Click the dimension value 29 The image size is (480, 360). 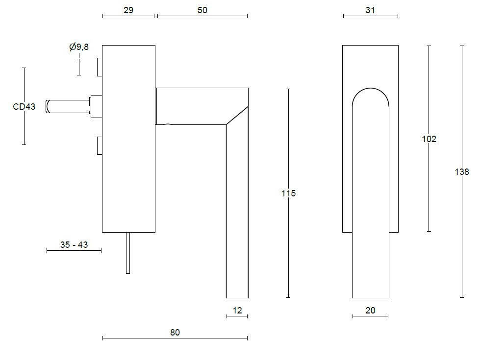pyautogui.click(x=128, y=10)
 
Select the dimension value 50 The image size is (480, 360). pyautogui.click(x=202, y=10)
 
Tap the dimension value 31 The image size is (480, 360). pyautogui.click(x=370, y=10)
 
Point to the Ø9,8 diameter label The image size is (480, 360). pyautogui.click(x=79, y=47)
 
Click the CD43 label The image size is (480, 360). pyautogui.click(x=24, y=106)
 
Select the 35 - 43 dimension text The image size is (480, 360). pyautogui.click(x=74, y=244)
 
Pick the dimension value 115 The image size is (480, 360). pyautogui.click(x=288, y=193)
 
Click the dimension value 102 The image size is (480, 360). pyautogui.click(x=429, y=139)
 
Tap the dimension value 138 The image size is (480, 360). pyautogui.click(x=462, y=172)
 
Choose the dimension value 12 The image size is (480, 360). pyautogui.click(x=237, y=311)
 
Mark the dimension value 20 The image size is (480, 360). pyautogui.click(x=370, y=311)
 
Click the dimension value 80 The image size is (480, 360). pyautogui.click(x=175, y=333)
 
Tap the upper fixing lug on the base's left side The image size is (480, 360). pyautogui.click(x=100, y=67)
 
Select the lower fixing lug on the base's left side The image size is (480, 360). pyautogui.click(x=100, y=145)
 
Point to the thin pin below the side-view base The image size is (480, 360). pyautogui.click(x=128, y=253)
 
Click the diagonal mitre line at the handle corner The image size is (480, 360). pyautogui.click(x=237, y=116)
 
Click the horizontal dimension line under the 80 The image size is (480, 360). pyautogui.click(x=175, y=338)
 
